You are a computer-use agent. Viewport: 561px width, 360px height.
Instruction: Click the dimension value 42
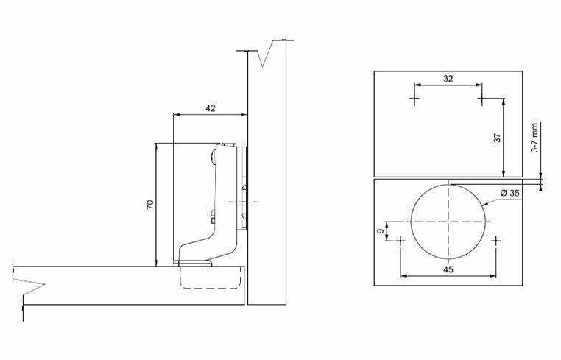click(211, 108)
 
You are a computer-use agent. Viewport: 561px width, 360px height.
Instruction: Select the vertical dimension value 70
click(150, 205)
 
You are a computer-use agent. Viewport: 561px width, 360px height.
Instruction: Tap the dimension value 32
click(448, 79)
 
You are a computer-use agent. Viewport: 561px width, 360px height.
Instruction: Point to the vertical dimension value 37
click(497, 138)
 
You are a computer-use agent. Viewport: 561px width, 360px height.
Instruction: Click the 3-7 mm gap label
click(534, 138)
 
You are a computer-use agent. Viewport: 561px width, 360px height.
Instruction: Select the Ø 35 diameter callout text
click(510, 193)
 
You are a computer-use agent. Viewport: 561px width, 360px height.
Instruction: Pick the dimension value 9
click(381, 231)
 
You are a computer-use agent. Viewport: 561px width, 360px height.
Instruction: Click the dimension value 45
click(448, 269)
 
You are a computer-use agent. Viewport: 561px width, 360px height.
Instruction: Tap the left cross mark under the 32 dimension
click(414, 99)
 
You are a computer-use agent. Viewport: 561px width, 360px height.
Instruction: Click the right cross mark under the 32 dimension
click(481, 99)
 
